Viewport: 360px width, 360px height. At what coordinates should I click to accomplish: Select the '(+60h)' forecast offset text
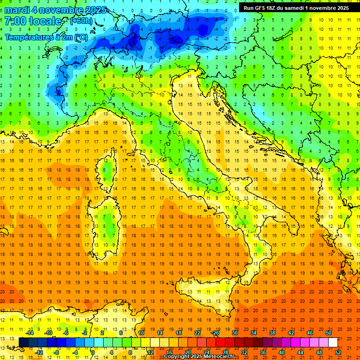point(81,21)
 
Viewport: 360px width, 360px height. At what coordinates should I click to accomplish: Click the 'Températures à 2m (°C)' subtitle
point(46,37)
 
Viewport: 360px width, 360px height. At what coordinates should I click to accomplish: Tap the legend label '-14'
point(29,333)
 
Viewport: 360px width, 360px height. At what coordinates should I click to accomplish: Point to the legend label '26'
point(216,333)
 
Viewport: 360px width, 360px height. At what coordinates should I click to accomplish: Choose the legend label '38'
point(272,333)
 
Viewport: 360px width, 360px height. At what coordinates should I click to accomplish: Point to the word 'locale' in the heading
point(45,21)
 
